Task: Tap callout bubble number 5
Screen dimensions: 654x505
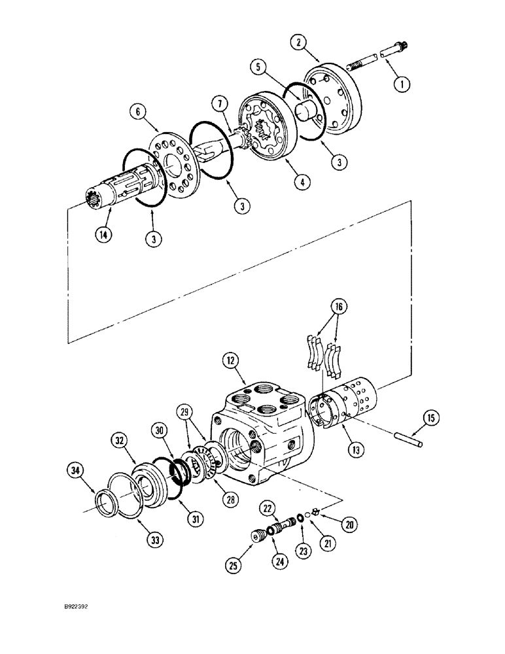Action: (258, 66)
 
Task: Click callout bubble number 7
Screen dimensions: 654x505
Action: (219, 103)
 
